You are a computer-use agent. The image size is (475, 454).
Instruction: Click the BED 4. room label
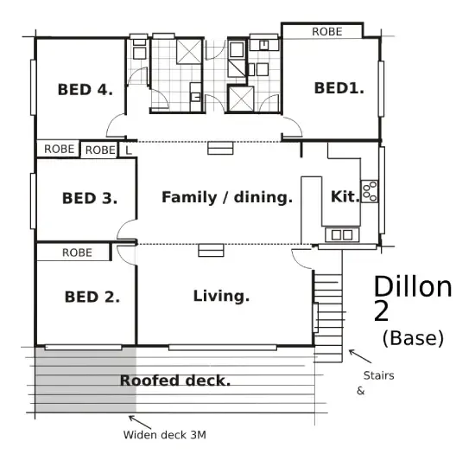click(x=85, y=90)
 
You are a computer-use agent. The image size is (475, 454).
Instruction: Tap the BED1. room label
click(x=339, y=88)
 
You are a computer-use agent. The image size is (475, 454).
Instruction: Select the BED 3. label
click(x=90, y=198)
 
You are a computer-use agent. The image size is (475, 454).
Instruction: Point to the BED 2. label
click(x=92, y=297)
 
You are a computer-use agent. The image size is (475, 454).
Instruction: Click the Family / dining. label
click(x=227, y=197)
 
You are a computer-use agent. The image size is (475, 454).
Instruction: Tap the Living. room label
click(x=221, y=296)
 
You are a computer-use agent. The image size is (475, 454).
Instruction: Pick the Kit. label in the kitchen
click(x=345, y=196)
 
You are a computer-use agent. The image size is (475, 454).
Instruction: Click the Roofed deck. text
click(x=175, y=380)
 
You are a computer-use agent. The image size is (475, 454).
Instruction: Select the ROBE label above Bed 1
click(x=327, y=31)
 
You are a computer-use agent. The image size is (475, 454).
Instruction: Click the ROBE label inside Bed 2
click(x=77, y=253)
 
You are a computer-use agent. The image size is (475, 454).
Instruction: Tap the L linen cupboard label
click(x=129, y=150)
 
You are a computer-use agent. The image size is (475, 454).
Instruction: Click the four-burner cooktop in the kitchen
click(x=370, y=191)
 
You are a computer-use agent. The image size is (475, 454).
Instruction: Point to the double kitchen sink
click(x=342, y=234)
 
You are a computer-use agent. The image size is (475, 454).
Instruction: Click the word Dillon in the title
click(x=413, y=286)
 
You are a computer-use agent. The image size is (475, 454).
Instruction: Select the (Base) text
click(x=413, y=338)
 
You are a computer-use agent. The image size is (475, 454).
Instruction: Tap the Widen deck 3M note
click(x=164, y=435)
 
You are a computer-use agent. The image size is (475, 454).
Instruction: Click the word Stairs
click(x=378, y=375)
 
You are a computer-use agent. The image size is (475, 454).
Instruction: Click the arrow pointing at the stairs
click(x=360, y=356)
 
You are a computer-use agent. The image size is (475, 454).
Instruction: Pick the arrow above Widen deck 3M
click(x=140, y=422)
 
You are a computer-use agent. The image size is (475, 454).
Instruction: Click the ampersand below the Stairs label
click(x=360, y=391)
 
